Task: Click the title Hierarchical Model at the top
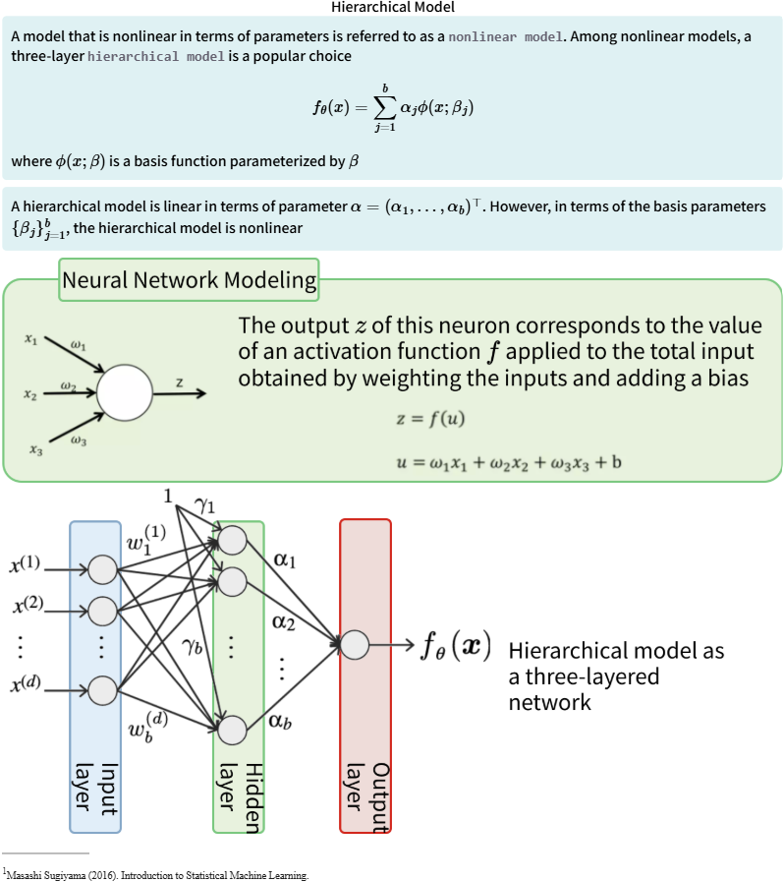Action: tap(392, 7)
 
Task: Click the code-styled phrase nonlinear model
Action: tap(505, 36)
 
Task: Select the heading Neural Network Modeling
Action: tap(190, 280)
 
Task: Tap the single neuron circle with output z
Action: tap(125, 391)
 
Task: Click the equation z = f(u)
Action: tap(430, 419)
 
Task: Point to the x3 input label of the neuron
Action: tap(35, 449)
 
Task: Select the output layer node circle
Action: tap(355, 645)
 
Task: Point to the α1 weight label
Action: tap(284, 559)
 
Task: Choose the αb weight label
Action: tap(280, 723)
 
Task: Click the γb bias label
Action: tap(192, 647)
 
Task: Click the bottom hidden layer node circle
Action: tap(232, 730)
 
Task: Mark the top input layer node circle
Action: tap(102, 569)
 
